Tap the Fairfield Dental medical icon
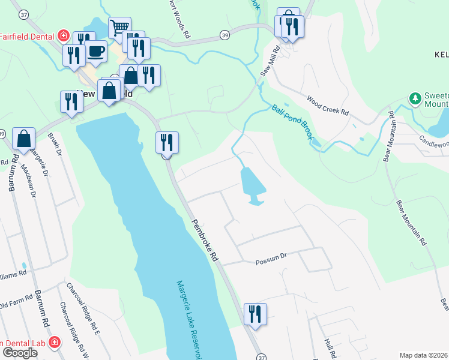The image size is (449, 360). (x=63, y=36)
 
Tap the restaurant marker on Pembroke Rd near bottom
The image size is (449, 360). (x=255, y=313)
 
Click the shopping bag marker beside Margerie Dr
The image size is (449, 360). (x=24, y=138)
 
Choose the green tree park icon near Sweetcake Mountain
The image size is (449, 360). (x=414, y=98)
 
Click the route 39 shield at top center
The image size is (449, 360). (x=224, y=35)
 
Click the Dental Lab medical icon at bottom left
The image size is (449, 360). (x=54, y=342)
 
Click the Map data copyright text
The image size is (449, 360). (x=423, y=355)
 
